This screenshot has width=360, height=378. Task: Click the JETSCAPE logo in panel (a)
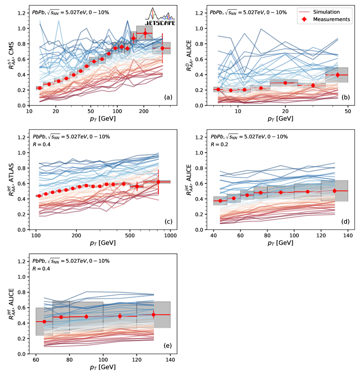(x=161, y=17)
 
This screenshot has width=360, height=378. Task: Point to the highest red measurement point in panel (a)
(x=145, y=33)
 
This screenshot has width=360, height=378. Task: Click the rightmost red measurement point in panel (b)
(x=337, y=75)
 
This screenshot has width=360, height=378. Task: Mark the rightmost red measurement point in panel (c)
(x=158, y=182)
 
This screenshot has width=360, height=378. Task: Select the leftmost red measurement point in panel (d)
(x=220, y=201)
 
